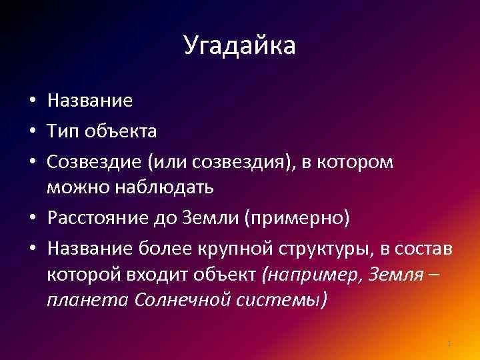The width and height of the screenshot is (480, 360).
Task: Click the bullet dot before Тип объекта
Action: pos(32,132)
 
